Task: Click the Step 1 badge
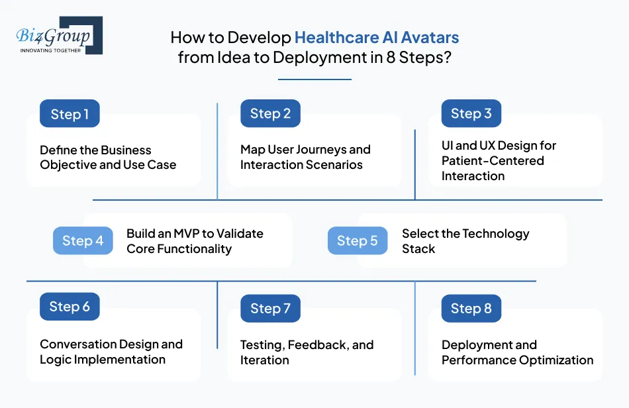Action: tap(70, 114)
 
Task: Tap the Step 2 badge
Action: tap(270, 113)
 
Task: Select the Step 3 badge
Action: tap(471, 113)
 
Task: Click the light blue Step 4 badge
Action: tap(83, 241)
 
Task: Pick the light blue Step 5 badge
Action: tap(357, 241)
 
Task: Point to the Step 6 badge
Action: tap(70, 307)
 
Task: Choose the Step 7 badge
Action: tap(270, 309)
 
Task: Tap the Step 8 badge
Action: tap(471, 309)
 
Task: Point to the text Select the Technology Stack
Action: tap(465, 241)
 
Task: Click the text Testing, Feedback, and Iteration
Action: tap(306, 352)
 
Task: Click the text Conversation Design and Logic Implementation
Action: tap(111, 352)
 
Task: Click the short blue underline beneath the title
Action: tap(314, 79)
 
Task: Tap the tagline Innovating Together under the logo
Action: tap(50, 50)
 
